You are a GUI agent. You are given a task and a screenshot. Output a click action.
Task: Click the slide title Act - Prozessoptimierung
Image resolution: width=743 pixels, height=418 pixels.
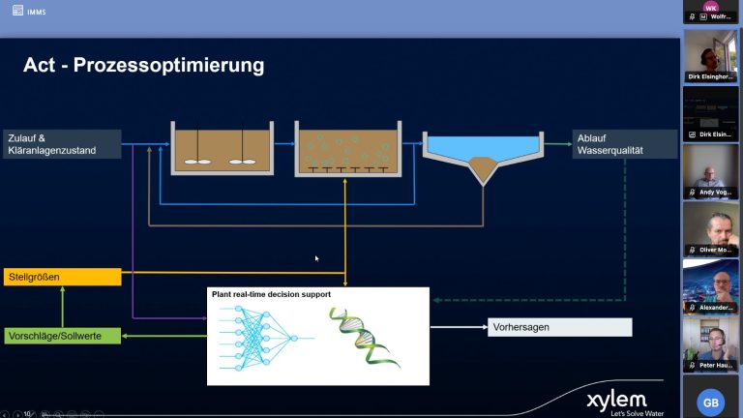tap(143, 66)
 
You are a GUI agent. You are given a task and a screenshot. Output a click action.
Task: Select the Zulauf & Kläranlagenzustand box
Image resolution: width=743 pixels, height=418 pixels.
tap(62, 143)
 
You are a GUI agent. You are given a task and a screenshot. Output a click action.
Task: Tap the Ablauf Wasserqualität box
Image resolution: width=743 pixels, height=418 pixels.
tap(624, 143)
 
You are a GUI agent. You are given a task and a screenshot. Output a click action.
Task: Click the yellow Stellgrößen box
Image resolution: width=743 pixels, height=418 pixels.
tap(62, 277)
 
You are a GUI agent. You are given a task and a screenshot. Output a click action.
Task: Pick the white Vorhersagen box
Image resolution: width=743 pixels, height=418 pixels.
tap(559, 327)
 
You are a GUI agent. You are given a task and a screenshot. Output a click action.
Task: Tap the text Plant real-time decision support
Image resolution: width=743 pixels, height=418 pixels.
tap(271, 293)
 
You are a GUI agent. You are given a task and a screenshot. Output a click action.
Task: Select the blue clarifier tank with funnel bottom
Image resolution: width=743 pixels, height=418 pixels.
tap(482, 155)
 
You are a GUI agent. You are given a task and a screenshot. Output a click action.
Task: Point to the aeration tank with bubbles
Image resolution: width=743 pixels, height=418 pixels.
tap(346, 150)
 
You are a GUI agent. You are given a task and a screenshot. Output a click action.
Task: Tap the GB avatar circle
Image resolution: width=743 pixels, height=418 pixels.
tap(711, 402)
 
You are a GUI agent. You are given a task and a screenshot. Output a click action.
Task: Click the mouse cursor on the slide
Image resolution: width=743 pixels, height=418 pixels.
tap(316, 257)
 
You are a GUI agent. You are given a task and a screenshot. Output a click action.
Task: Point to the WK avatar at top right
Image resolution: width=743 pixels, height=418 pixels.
tap(711, 7)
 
